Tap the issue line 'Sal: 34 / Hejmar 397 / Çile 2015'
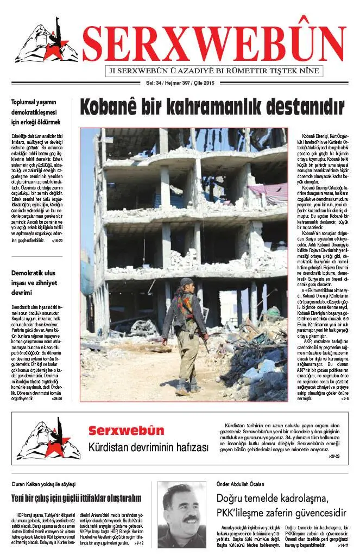(x=178, y=83)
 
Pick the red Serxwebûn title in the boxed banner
(x=126, y=431)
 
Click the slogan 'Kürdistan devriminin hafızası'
(x=148, y=448)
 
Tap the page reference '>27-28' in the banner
(x=333, y=456)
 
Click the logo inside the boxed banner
(x=48, y=439)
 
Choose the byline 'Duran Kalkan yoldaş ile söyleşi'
(x=43, y=484)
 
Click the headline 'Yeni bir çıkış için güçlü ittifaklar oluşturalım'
(x=76, y=498)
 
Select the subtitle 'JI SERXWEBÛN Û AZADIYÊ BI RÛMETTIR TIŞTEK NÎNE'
(x=216, y=71)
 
